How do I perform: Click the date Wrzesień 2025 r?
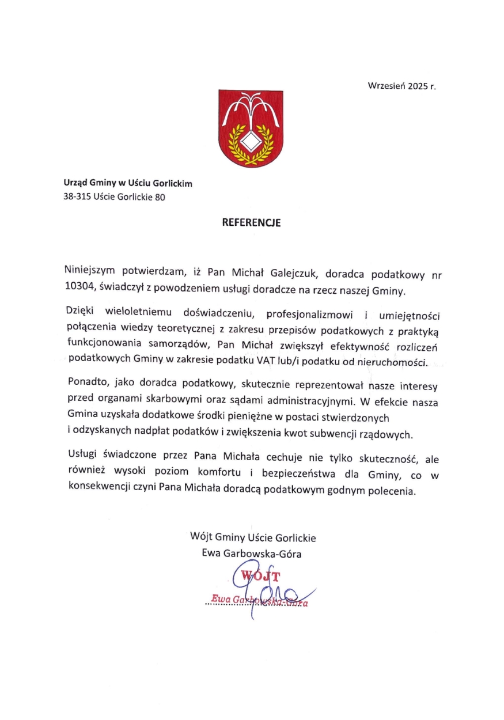point(402,86)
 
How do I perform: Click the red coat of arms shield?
point(251,128)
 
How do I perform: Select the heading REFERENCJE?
point(252,223)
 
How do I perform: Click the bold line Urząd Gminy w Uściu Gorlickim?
point(128,184)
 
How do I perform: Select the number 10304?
point(78,290)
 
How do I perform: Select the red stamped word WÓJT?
point(260,576)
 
